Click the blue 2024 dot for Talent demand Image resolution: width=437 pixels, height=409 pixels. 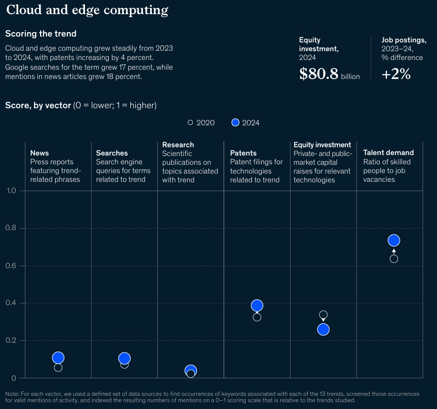tap(394, 240)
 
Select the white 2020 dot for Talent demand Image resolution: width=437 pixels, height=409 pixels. tap(394, 259)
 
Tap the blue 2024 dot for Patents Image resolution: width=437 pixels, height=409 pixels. tap(257, 306)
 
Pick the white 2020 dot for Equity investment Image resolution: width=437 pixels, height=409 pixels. tap(323, 315)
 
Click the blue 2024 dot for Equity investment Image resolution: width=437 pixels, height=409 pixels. tap(323, 330)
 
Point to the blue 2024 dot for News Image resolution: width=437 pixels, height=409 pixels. tap(58, 358)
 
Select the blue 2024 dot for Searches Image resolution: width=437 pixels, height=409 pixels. tap(125, 358)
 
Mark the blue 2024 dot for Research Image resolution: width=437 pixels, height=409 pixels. tap(191, 370)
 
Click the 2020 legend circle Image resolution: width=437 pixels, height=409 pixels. tap(190, 123)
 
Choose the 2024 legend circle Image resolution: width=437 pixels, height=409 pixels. tap(235, 123)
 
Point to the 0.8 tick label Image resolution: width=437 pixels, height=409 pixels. tap(11, 228)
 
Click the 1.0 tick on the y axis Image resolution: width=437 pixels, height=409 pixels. tap(11, 191)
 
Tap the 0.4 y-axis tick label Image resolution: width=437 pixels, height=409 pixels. tap(11, 303)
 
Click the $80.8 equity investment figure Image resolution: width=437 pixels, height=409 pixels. tap(319, 74)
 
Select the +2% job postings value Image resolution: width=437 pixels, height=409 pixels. tap(396, 74)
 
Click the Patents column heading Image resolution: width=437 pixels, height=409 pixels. tap(243, 153)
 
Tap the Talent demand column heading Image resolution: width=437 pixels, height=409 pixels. tap(388, 153)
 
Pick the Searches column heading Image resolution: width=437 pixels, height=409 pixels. tap(112, 153)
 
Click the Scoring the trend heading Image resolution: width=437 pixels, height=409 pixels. tap(41, 34)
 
